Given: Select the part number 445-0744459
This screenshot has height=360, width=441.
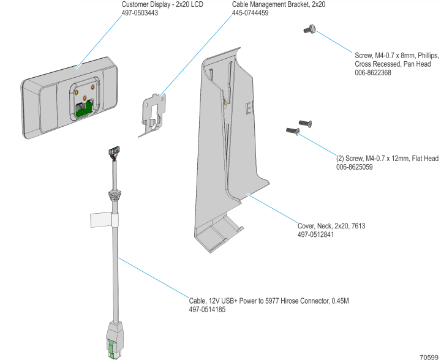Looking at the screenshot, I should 251,12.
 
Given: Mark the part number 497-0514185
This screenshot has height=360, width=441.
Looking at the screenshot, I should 208,309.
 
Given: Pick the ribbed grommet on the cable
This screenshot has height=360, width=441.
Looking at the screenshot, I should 113,195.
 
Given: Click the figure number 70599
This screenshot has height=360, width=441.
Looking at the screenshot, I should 429,356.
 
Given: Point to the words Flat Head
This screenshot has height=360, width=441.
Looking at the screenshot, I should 423,159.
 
